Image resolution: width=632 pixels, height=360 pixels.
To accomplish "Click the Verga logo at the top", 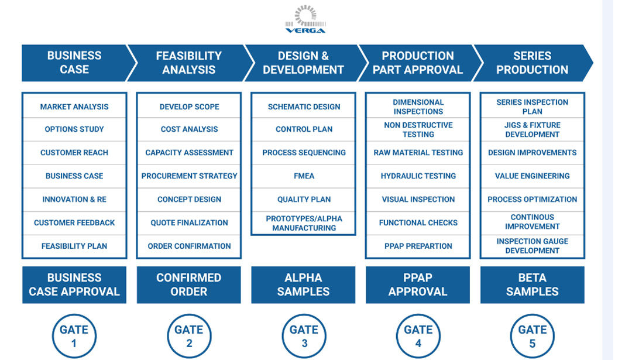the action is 305,19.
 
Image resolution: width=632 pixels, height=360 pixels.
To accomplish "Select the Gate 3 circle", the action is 304,336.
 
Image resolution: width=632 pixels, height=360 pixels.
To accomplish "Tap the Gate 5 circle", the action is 533,336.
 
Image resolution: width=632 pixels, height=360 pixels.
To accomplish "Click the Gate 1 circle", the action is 74,336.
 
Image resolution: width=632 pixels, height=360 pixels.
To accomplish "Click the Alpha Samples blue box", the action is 303,284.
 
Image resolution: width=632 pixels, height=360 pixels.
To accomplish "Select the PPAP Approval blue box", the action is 418,284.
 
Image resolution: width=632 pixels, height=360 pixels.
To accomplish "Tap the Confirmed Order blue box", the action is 188,284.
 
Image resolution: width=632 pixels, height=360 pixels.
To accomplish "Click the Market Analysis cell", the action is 74,107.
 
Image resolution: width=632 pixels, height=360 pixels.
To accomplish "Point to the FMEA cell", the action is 304,176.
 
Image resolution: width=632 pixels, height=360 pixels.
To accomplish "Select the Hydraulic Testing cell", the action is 418,176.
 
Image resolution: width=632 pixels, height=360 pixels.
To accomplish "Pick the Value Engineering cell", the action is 533,176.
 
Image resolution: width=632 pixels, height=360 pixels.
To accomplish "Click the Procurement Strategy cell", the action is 189,176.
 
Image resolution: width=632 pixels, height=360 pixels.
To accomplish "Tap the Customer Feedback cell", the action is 74,222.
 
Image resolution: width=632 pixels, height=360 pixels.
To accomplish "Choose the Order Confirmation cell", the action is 189,246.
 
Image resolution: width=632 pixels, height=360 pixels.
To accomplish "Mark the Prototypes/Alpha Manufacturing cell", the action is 304,223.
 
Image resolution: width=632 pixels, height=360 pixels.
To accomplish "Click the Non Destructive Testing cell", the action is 418,129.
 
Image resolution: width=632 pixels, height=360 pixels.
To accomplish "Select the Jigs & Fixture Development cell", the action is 533,129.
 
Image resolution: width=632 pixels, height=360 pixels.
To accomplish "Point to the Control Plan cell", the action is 304,129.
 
